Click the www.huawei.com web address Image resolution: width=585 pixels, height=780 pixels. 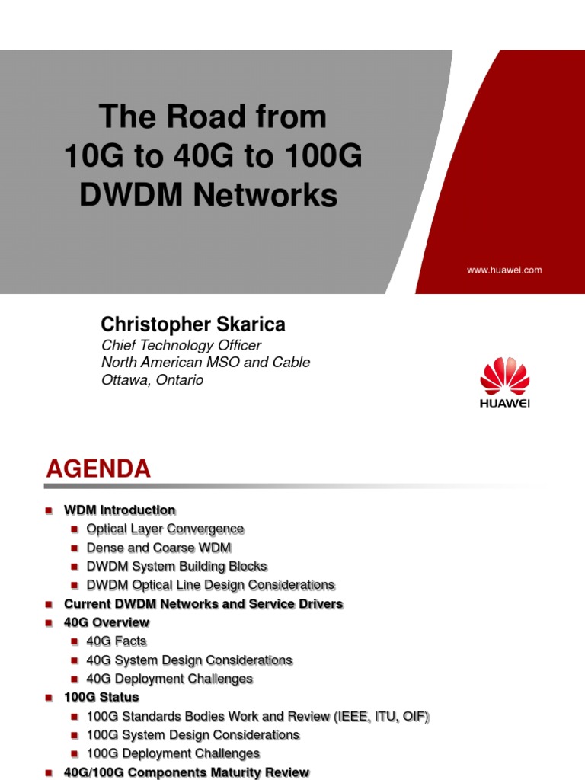pos(503,270)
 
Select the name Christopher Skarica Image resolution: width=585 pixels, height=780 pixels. pos(193,324)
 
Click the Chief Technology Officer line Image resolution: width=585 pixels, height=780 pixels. pos(181,345)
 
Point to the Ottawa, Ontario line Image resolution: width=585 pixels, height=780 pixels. pos(152,379)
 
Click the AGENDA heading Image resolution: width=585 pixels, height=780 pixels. pos(98,469)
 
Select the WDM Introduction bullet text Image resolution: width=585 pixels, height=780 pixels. pos(120,510)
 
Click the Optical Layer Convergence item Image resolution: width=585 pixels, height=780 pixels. pos(165,529)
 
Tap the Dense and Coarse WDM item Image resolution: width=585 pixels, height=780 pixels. pos(158,548)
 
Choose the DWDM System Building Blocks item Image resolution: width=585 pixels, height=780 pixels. pos(177,567)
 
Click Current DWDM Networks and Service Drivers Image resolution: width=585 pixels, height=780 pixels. pos(203,604)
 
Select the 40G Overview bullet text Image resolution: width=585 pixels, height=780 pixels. pos(107,622)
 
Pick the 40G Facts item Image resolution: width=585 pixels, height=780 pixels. pos(117,641)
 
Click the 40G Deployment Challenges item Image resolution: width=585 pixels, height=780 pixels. pos(169,679)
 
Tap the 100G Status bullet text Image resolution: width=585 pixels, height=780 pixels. pos(101,697)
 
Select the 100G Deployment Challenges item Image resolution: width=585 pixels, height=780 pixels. pos(173,753)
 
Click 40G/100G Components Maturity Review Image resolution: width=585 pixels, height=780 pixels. pos(187,772)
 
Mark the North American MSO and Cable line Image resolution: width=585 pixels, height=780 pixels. pos(206,363)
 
